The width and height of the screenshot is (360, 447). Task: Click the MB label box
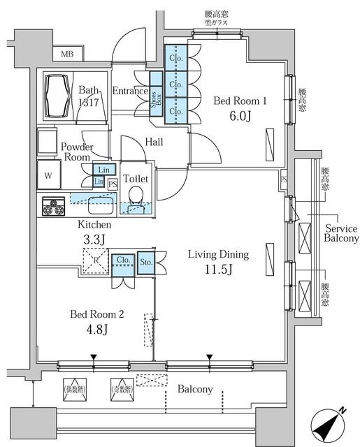(67, 54)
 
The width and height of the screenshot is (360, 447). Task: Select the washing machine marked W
(49, 175)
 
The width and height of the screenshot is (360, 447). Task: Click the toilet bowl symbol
(135, 196)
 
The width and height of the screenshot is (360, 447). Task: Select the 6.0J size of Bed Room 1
(240, 117)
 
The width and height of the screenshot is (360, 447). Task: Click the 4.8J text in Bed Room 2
(96, 329)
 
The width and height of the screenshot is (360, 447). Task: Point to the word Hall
(154, 142)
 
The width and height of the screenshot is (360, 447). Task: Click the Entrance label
(129, 91)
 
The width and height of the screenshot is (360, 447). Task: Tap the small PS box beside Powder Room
(112, 184)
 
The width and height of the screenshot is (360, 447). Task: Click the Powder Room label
(76, 152)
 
